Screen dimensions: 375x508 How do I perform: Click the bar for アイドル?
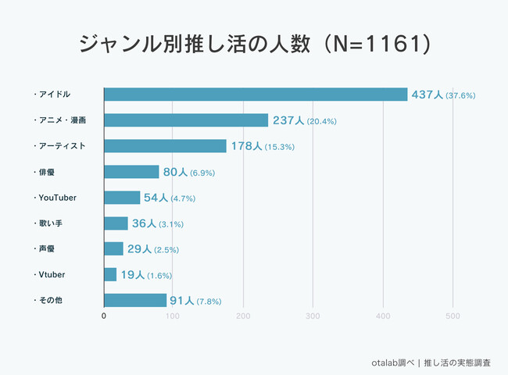click(x=256, y=95)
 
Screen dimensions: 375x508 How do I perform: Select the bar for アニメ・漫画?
click(x=186, y=120)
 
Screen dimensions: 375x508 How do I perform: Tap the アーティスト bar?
click(x=165, y=146)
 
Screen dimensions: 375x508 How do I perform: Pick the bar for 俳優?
click(x=131, y=172)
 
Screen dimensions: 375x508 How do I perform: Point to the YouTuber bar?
click(x=122, y=198)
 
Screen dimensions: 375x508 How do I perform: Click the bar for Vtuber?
click(x=110, y=275)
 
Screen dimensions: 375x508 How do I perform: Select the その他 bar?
click(x=135, y=300)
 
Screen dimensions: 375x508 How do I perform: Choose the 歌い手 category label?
click(x=52, y=223)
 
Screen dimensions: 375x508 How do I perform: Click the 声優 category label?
click(x=47, y=249)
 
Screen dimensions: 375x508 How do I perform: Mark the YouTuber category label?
click(x=58, y=198)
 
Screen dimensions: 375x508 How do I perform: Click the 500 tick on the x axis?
click(x=452, y=316)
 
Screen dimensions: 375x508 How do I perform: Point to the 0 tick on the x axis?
click(x=104, y=316)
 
